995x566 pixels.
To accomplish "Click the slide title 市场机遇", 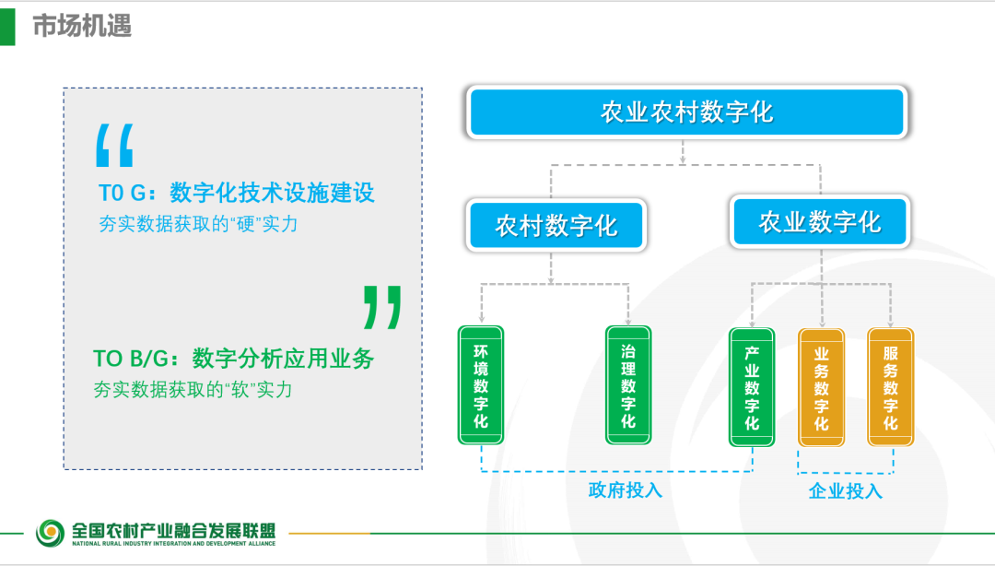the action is pos(82,26).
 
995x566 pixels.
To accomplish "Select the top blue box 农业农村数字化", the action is pos(686,112).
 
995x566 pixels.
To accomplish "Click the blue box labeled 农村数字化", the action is pos(556,226).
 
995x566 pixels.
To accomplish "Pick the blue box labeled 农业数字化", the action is pos(820,222).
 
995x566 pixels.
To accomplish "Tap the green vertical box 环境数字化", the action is pos(481,385).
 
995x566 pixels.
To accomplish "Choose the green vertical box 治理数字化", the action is pos(628,385).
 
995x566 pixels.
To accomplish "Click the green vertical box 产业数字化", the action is pos(752,387).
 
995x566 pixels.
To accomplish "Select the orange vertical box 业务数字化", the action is pos(821,387).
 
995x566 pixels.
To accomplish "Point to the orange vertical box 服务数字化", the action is pos(890,387).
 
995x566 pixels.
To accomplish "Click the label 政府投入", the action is pos(625,489).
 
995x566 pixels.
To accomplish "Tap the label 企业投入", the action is pos(845,490).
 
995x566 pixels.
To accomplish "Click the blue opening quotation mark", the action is pos(114,146).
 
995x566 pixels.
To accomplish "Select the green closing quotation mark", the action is pos(382,307).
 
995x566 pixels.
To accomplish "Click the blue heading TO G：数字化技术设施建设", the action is pos(237,193).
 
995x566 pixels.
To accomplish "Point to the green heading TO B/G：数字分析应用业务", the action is pos(233,359).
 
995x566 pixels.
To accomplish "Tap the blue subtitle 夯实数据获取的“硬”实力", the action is pos(198,224).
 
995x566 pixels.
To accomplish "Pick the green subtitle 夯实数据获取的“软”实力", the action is pos(193,389).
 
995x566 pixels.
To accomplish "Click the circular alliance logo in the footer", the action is pos(50,533).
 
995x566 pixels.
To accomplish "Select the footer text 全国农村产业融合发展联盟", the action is pos(174,530).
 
